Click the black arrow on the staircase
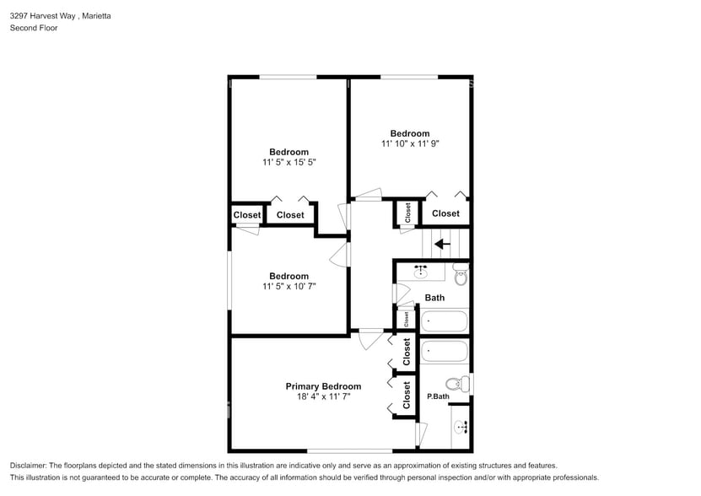(x=441, y=245)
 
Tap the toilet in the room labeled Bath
(x=461, y=274)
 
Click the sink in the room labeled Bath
(x=422, y=272)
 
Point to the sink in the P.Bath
(x=461, y=427)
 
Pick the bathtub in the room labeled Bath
(x=444, y=321)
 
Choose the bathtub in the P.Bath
(x=444, y=351)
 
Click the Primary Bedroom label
(x=323, y=386)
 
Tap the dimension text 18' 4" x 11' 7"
(x=323, y=396)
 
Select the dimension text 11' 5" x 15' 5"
(x=289, y=162)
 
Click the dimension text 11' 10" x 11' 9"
(x=410, y=143)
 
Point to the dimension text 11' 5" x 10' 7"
(x=289, y=286)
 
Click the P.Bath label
(x=437, y=396)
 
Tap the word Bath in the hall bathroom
(x=434, y=298)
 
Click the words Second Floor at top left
(x=33, y=28)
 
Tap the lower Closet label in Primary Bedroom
(x=407, y=395)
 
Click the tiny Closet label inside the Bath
(x=406, y=320)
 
